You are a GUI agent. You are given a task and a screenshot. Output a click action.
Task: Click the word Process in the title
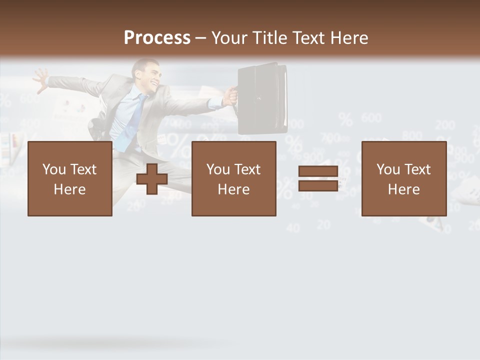click(157, 38)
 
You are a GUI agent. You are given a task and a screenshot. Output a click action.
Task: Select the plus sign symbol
click(152, 179)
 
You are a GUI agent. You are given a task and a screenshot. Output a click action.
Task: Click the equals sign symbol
click(318, 178)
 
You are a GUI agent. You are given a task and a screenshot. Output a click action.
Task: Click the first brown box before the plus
click(69, 178)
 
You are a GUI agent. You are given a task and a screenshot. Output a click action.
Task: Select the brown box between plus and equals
click(233, 178)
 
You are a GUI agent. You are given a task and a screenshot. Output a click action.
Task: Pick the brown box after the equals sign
click(403, 178)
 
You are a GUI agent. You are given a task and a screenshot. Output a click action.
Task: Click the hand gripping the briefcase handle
click(229, 95)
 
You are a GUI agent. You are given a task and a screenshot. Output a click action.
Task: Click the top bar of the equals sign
click(318, 171)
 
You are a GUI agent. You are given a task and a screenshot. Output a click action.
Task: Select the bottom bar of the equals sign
click(318, 186)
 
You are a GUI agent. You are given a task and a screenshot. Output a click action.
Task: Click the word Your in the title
click(231, 38)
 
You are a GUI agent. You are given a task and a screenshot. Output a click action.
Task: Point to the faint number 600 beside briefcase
click(371, 118)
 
